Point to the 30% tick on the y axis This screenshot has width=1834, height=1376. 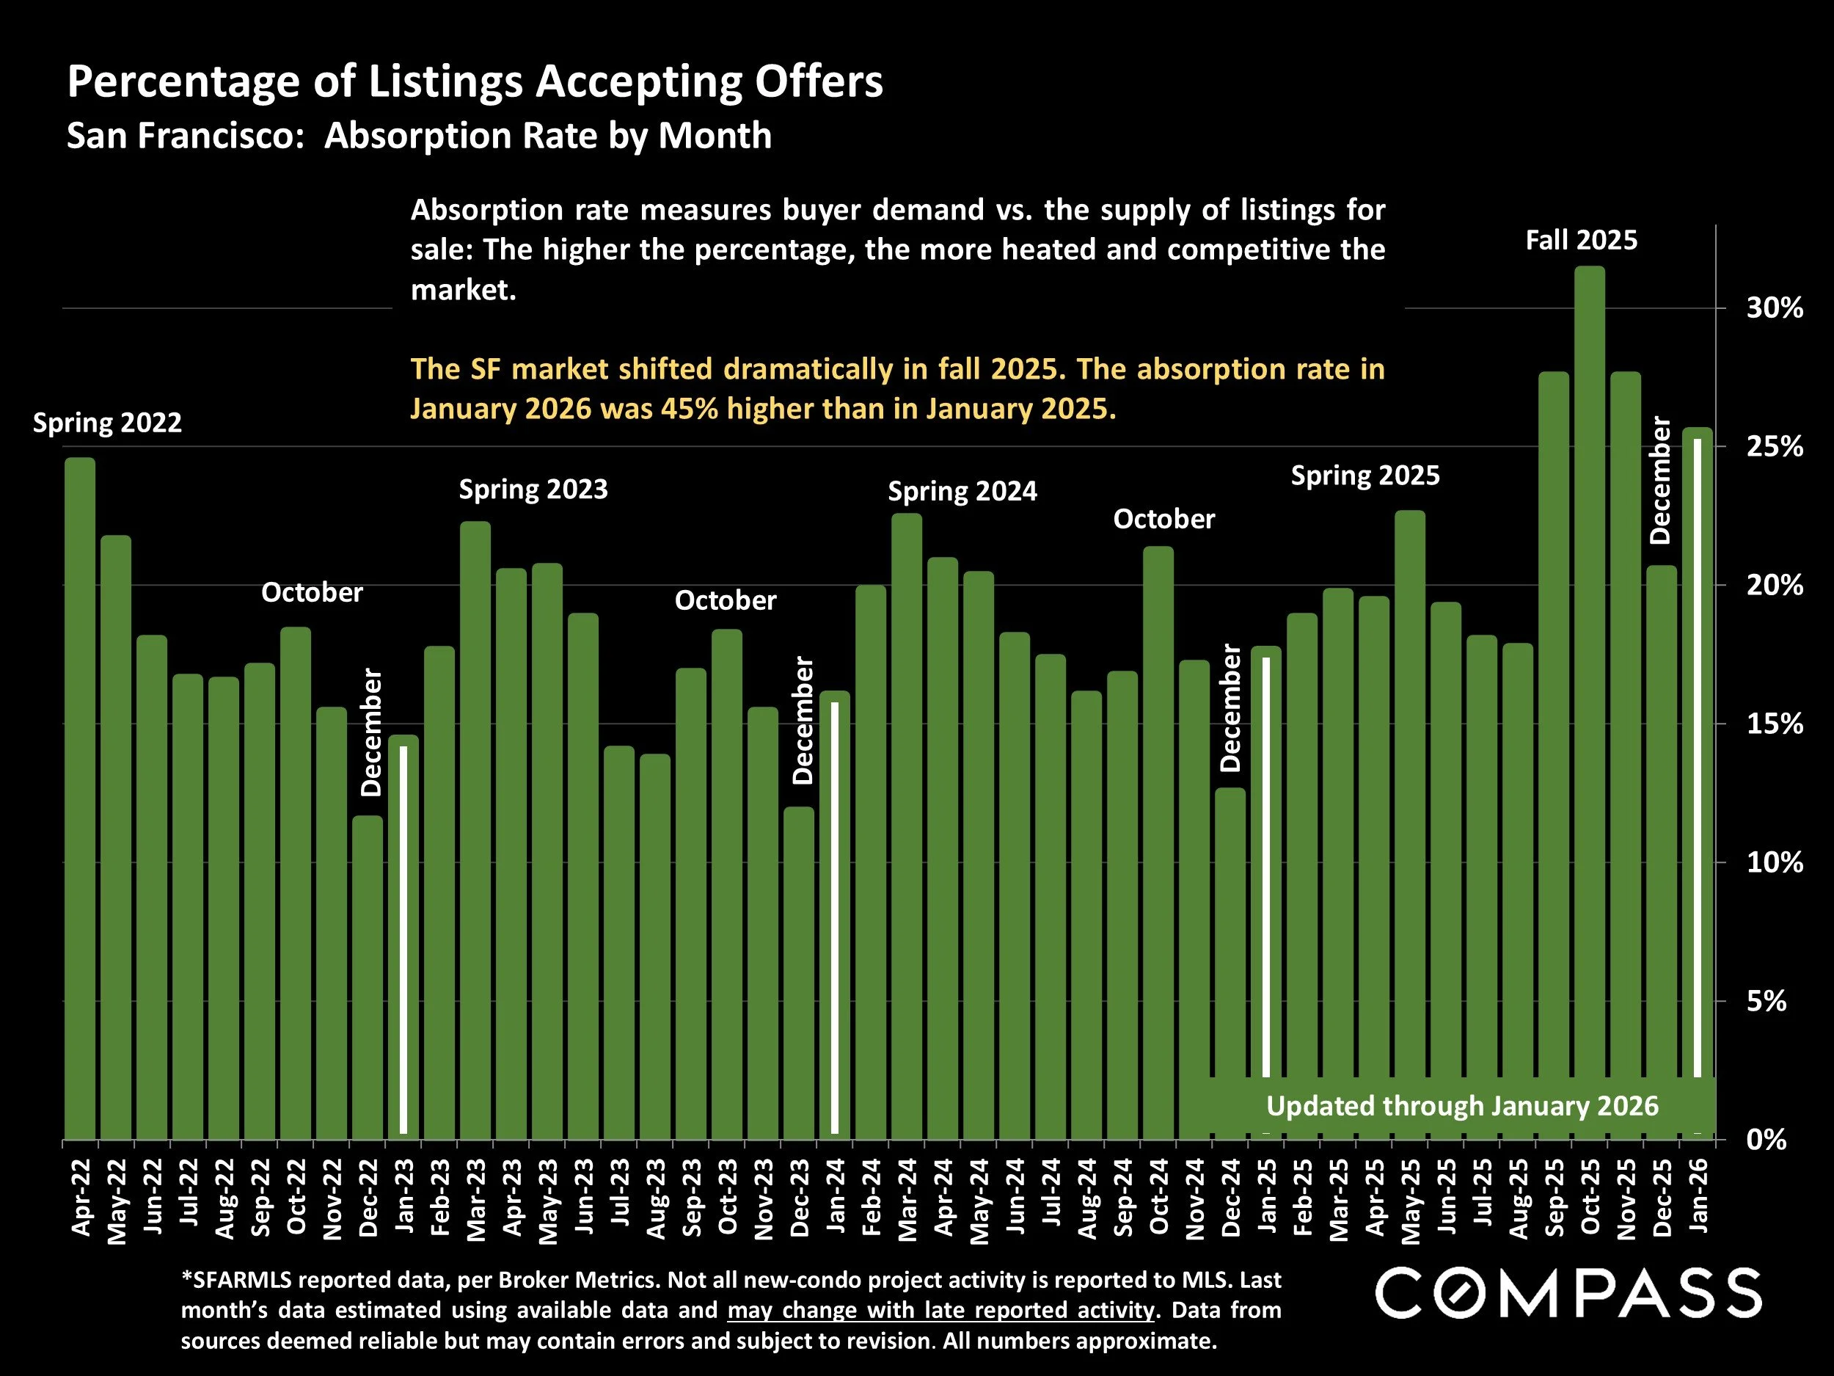click(x=1775, y=308)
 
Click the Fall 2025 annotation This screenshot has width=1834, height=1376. click(x=1581, y=241)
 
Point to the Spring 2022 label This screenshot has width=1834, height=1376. click(x=107, y=423)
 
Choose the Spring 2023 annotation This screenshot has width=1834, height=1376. click(x=533, y=489)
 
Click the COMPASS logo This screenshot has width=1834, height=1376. click(x=1568, y=1293)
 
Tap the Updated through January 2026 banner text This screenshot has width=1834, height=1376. click(x=1462, y=1106)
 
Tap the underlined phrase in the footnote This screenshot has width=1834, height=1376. click(x=940, y=1311)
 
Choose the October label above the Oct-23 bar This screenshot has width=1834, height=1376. click(x=726, y=600)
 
